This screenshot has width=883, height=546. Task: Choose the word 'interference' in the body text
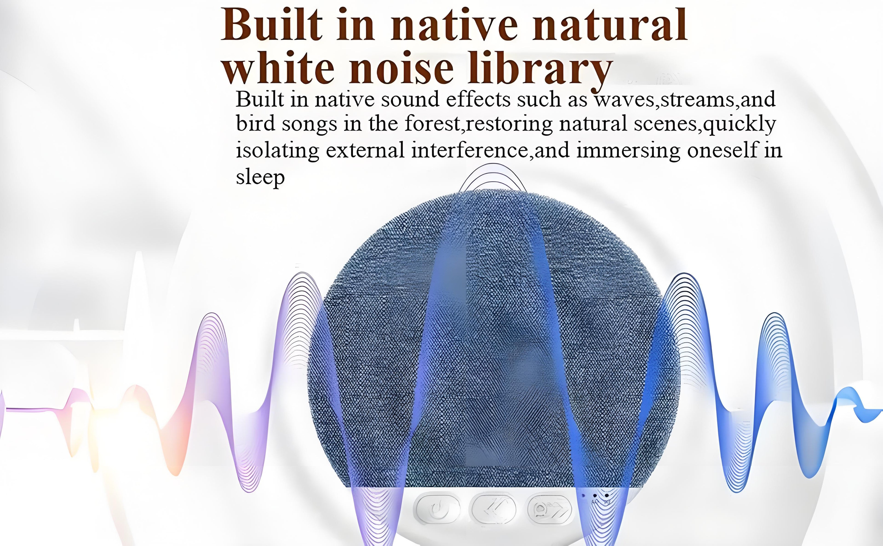tap(470, 150)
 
